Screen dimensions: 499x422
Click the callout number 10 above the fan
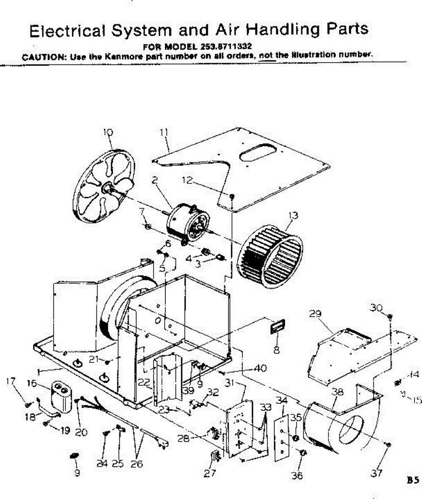tap(108, 132)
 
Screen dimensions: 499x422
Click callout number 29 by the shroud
tap(315, 314)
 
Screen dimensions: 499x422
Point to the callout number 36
tap(296, 475)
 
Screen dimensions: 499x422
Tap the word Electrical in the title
tap(66, 30)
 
